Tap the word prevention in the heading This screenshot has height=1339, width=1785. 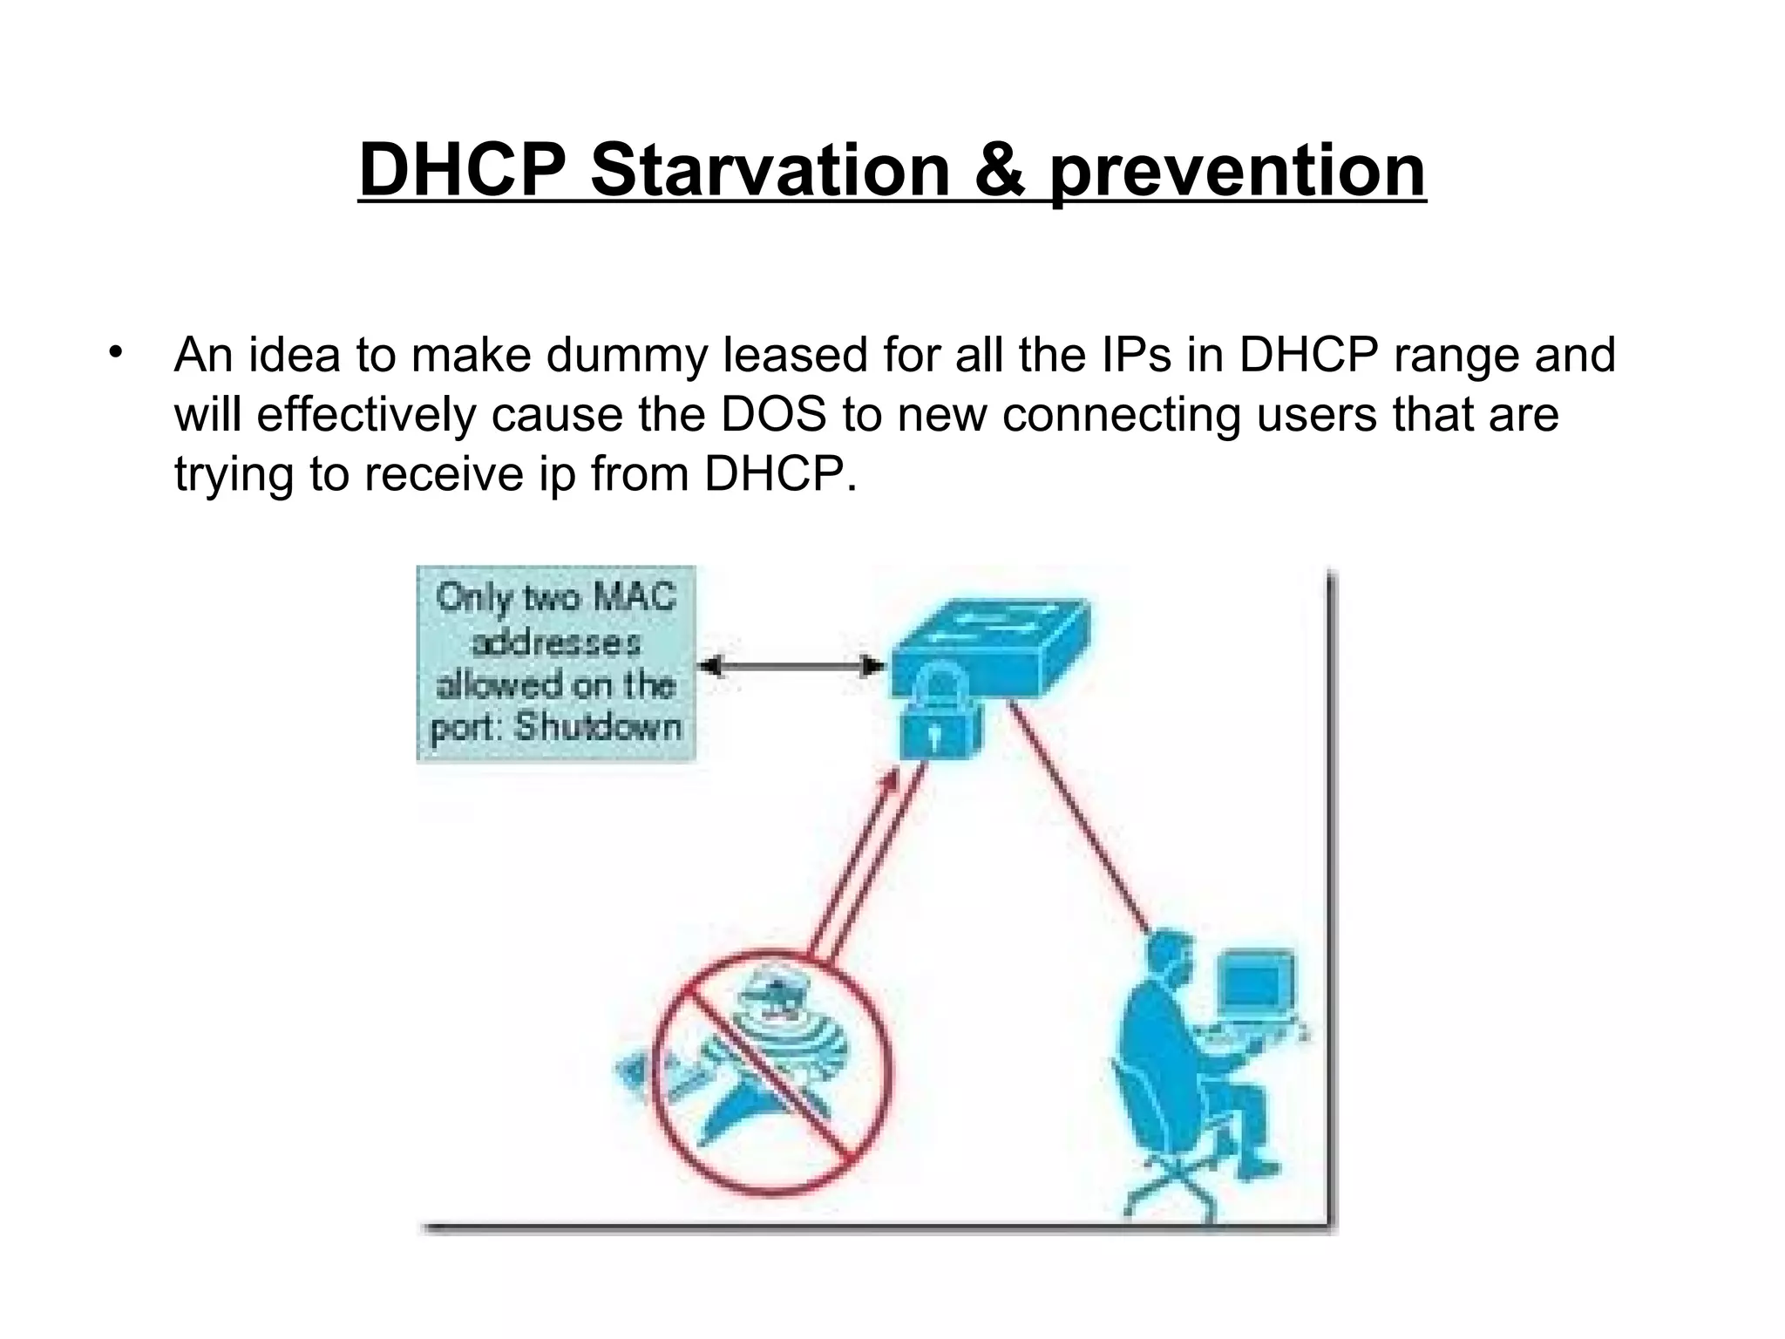pos(1237,171)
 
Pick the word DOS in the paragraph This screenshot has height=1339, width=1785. pos(773,415)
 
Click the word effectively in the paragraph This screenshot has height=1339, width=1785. pos(366,415)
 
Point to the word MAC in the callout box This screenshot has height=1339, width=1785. pos(634,598)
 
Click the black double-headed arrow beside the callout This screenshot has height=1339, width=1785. pos(791,667)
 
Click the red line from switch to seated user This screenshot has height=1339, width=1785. pos(1081,819)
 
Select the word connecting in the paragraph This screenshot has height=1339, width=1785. pos(1121,415)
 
